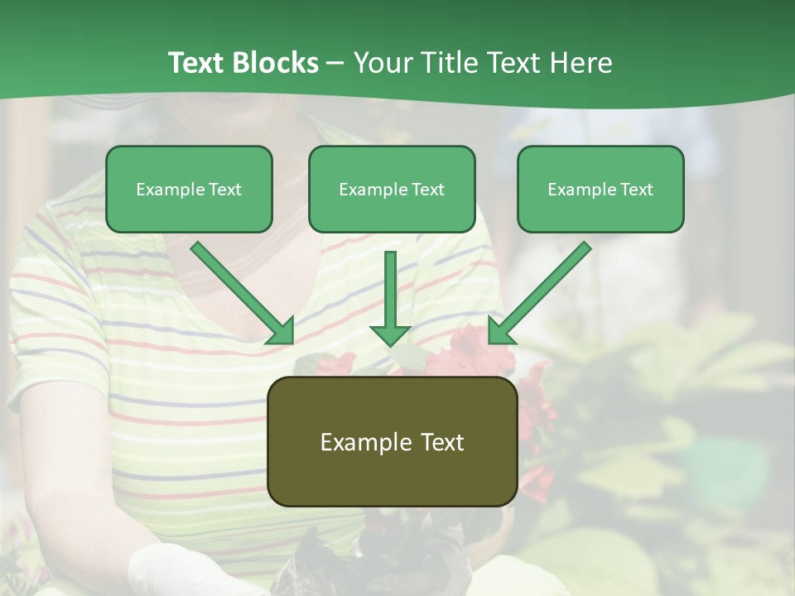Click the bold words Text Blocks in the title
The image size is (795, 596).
(x=243, y=63)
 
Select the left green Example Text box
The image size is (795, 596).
(x=189, y=189)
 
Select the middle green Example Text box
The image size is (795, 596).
(x=392, y=189)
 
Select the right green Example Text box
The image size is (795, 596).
(x=600, y=189)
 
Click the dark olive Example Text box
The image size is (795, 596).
(x=392, y=441)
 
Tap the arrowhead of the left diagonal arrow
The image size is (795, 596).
(x=282, y=331)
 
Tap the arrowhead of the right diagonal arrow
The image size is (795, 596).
(x=501, y=331)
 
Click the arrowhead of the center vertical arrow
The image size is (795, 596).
(x=390, y=335)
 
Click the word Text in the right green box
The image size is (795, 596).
(x=636, y=190)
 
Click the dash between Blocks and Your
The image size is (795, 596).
(x=335, y=64)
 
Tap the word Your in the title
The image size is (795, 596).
(x=383, y=63)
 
